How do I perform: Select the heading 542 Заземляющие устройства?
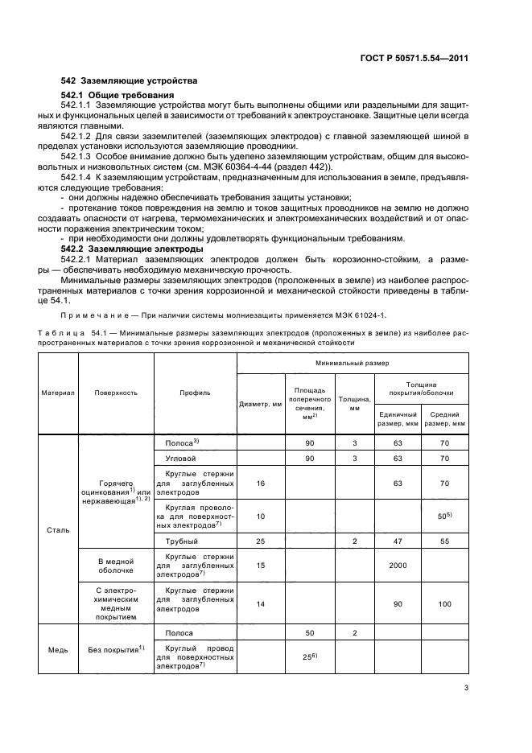coord(129,82)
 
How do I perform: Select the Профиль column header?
coord(194,393)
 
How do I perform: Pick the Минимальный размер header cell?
coord(353,363)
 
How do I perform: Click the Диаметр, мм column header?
coord(260,404)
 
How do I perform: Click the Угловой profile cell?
coord(181,458)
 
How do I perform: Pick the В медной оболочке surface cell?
coord(115,565)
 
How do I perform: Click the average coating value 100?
coord(446,603)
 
